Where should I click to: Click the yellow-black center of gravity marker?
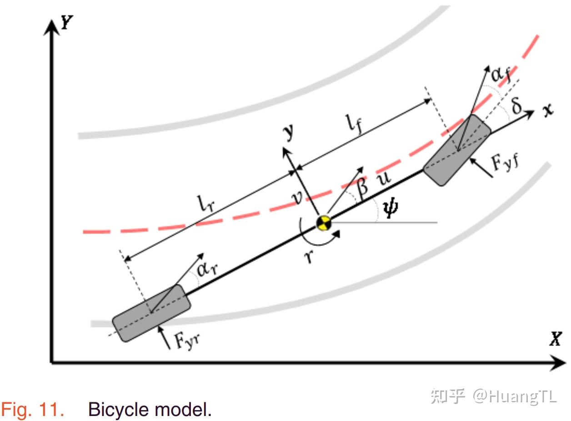coord(324,223)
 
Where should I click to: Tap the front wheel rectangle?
coord(457,150)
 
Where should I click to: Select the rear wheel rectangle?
coord(151,313)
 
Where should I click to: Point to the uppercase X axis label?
coord(555,339)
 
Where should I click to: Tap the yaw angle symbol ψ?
coord(390,208)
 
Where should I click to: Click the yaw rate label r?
coord(309,258)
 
